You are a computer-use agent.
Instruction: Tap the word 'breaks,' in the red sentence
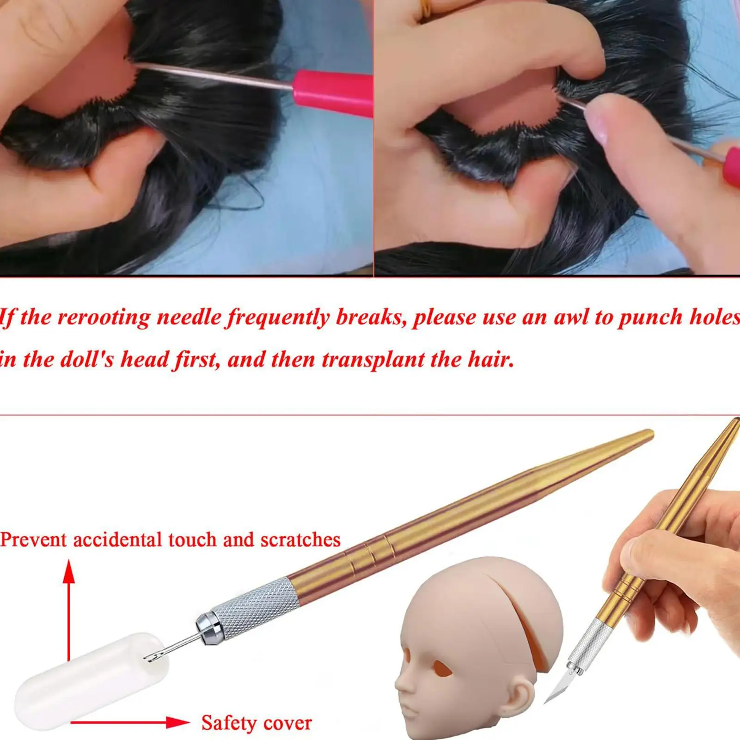pyautogui.click(x=370, y=318)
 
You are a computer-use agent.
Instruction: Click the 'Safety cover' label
pyautogui.click(x=257, y=722)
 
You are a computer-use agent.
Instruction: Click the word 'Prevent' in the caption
pyautogui.click(x=34, y=539)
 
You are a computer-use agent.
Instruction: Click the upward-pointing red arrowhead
pyautogui.click(x=69, y=571)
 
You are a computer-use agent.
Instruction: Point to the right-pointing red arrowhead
pyautogui.click(x=178, y=722)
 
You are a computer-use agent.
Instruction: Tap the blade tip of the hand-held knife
pyautogui.click(x=546, y=702)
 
